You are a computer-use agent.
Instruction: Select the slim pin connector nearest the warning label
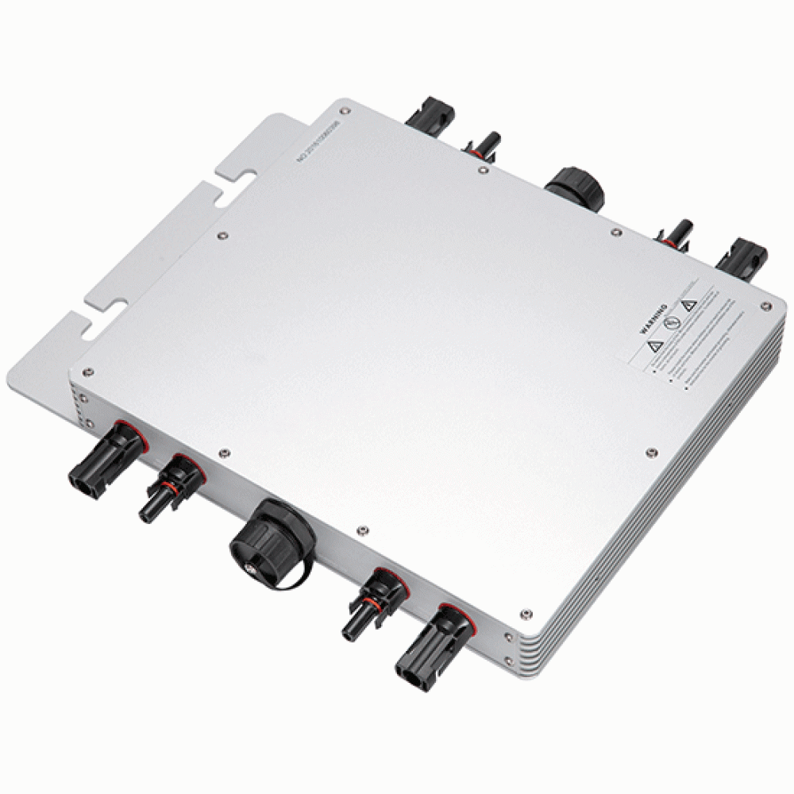[x=674, y=235]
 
